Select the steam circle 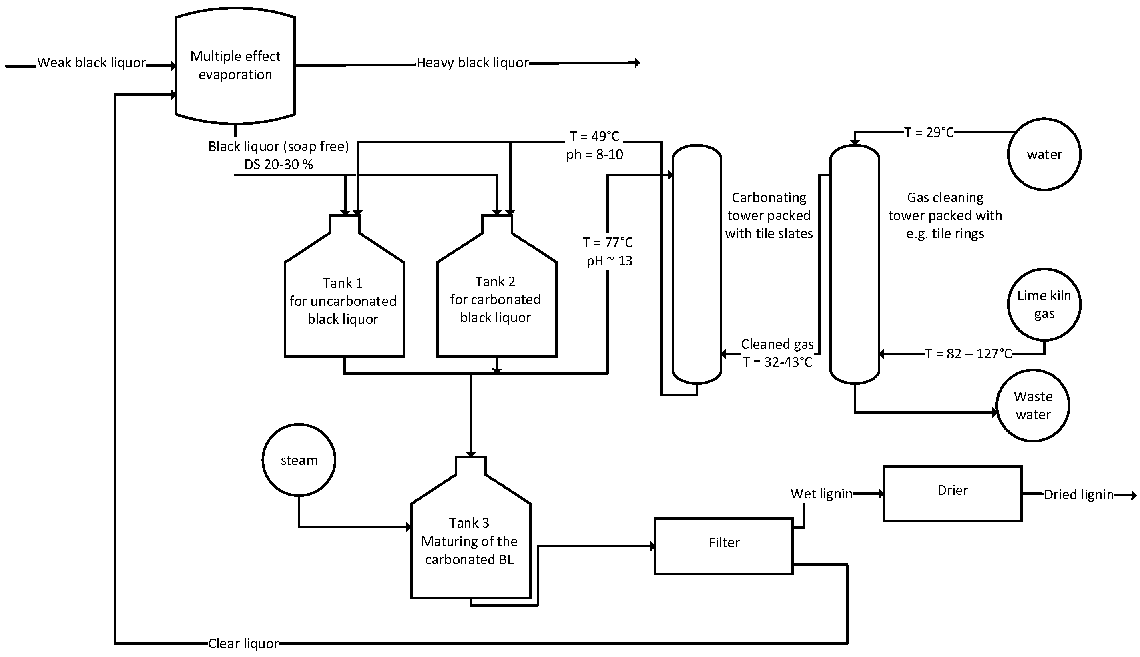coord(299,460)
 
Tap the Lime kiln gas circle coord(1044,304)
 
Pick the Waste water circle coord(1033,405)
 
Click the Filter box coord(724,546)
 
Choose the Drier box coord(952,493)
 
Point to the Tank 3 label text coord(469,522)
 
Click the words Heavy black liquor coord(472,63)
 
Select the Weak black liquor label coord(91,63)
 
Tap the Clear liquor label coord(243,643)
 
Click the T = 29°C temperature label coord(929,132)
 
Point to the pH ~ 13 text coord(609,261)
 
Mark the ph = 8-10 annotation coord(594,154)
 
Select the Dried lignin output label coord(1078,494)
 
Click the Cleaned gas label coord(777,344)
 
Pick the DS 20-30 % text coord(278,164)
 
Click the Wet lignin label coord(821,494)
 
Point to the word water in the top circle coord(1044,154)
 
